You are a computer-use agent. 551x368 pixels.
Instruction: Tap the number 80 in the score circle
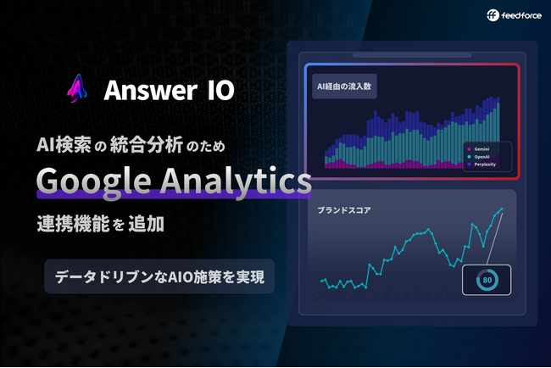pyautogui.click(x=487, y=279)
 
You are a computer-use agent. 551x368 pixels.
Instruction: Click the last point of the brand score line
pyautogui.click(x=502, y=209)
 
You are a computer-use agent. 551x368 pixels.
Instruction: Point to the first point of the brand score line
pyautogui.click(x=321, y=281)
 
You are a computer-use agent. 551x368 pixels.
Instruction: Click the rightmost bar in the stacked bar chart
pyautogui.click(x=497, y=135)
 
